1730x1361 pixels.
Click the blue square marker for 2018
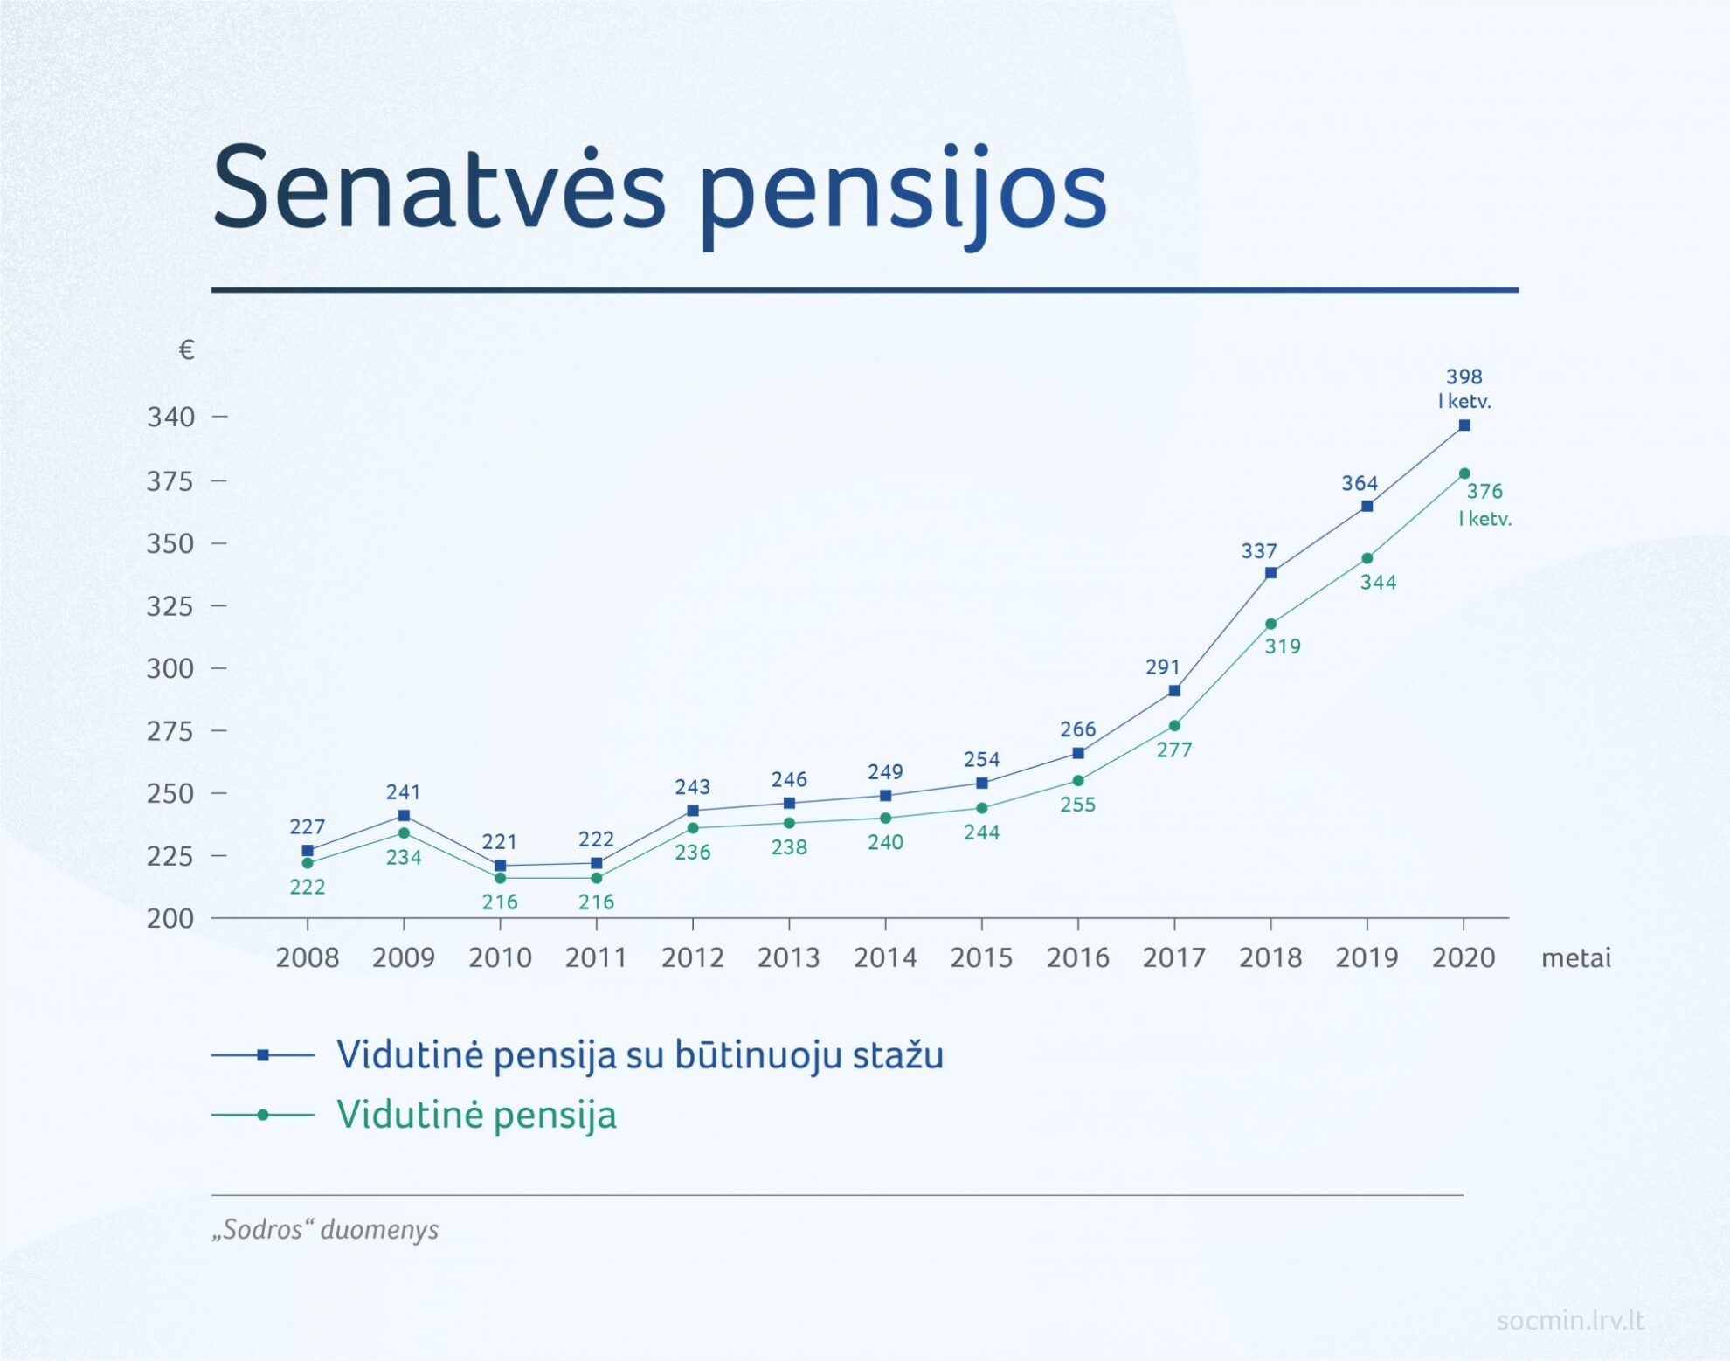click(x=1270, y=573)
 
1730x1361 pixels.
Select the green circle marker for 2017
click(x=1174, y=726)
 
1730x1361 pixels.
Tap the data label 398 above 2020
click(x=1464, y=377)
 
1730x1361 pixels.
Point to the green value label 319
click(x=1283, y=646)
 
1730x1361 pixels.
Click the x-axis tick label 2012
click(x=692, y=958)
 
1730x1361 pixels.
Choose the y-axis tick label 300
click(x=170, y=668)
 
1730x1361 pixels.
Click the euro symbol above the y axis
click(x=186, y=350)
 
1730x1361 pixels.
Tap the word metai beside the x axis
click(x=1575, y=958)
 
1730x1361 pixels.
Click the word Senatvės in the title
click(x=439, y=190)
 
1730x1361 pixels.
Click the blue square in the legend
click(x=263, y=1055)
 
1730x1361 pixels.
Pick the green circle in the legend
click(x=263, y=1115)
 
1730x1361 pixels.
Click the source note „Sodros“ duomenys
click(x=325, y=1230)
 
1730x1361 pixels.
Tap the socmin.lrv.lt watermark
click(x=1570, y=1320)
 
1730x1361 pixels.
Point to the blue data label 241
click(x=403, y=792)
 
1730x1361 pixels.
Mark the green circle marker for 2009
click(x=404, y=833)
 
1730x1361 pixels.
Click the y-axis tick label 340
click(x=170, y=418)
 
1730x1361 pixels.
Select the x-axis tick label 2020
click(x=1464, y=958)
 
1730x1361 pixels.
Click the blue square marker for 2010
click(x=500, y=866)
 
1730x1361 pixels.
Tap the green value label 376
click(x=1484, y=491)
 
